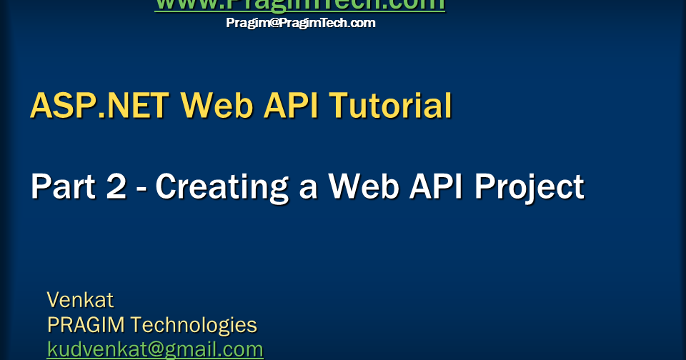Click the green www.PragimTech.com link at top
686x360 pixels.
click(299, 5)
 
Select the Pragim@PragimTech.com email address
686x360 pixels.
click(300, 23)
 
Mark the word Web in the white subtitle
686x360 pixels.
click(362, 187)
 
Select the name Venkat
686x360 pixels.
click(80, 299)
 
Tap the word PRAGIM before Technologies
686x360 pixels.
click(85, 325)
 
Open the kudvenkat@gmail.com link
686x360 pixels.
click(155, 350)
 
